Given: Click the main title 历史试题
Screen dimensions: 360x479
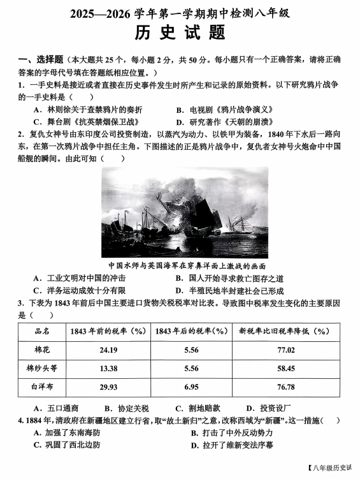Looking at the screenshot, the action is pyautogui.click(x=181, y=32).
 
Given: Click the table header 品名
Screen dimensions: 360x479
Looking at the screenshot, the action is pyautogui.click(x=42, y=332).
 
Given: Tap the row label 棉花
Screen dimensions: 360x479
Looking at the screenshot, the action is pyautogui.click(x=42, y=350).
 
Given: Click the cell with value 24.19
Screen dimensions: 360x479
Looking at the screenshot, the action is pyautogui.click(x=108, y=350).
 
